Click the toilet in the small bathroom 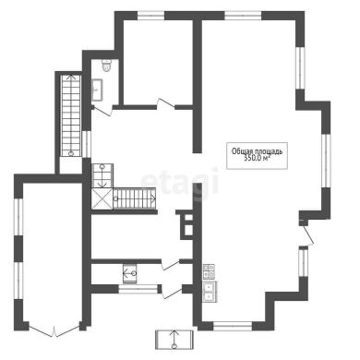click(x=107, y=66)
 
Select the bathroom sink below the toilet click(x=97, y=90)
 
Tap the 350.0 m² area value click(x=257, y=158)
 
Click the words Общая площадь click(x=257, y=151)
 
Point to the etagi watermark click(x=180, y=182)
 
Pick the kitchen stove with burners click(x=209, y=271)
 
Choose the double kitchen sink click(x=210, y=291)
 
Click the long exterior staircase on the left click(x=71, y=115)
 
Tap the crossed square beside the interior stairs click(x=102, y=198)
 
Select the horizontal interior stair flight click(x=134, y=198)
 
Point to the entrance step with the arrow click(x=174, y=340)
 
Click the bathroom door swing click(x=102, y=111)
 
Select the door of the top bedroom click(x=166, y=103)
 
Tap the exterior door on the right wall click(x=307, y=234)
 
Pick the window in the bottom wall click(x=233, y=326)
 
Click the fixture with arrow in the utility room click(x=130, y=273)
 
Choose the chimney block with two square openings click(x=186, y=224)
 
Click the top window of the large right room click(x=243, y=16)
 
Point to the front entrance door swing click(x=173, y=294)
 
